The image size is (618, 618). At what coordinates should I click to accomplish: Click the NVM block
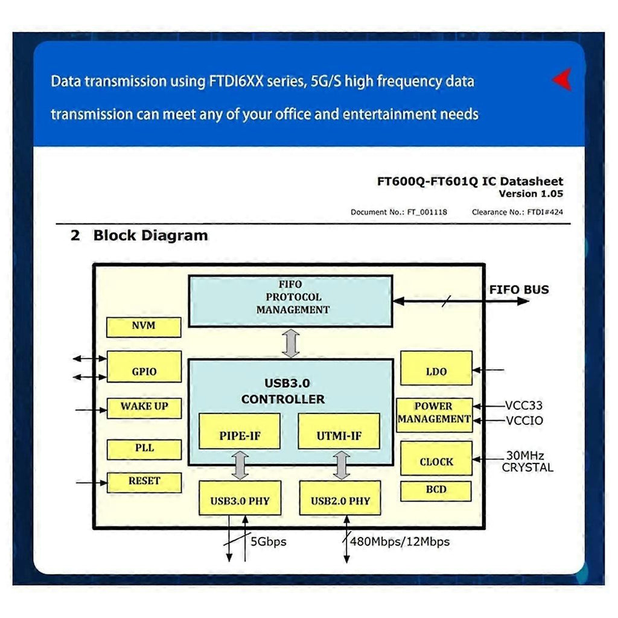coord(144,327)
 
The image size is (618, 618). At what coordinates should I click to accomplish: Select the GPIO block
coord(144,366)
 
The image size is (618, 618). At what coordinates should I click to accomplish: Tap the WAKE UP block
coord(144,407)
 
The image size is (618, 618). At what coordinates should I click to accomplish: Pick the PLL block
coord(144,449)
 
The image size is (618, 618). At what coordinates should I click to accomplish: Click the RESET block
coord(144,482)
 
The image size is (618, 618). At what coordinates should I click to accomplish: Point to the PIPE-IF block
coord(240,431)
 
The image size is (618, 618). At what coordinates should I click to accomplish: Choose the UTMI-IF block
coord(339,431)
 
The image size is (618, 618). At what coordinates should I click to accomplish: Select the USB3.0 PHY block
coord(240,498)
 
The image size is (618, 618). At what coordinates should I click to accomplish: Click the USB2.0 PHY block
coord(340,498)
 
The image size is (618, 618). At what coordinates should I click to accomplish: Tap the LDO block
coord(436,368)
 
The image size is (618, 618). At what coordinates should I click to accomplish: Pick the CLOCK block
coord(436,458)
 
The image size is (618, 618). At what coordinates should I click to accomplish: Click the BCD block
coord(436,491)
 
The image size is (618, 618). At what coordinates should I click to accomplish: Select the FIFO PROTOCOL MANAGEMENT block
coord(290,301)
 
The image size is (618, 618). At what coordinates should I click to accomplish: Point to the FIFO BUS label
coord(519,290)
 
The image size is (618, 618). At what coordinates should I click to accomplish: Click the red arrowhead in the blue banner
coord(562,79)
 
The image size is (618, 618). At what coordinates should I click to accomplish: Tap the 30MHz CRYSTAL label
coord(527,462)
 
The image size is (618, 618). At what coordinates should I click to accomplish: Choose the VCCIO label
coord(524,421)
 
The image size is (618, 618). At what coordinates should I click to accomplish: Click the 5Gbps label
coord(268,542)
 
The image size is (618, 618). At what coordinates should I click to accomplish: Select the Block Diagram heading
coord(150,235)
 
